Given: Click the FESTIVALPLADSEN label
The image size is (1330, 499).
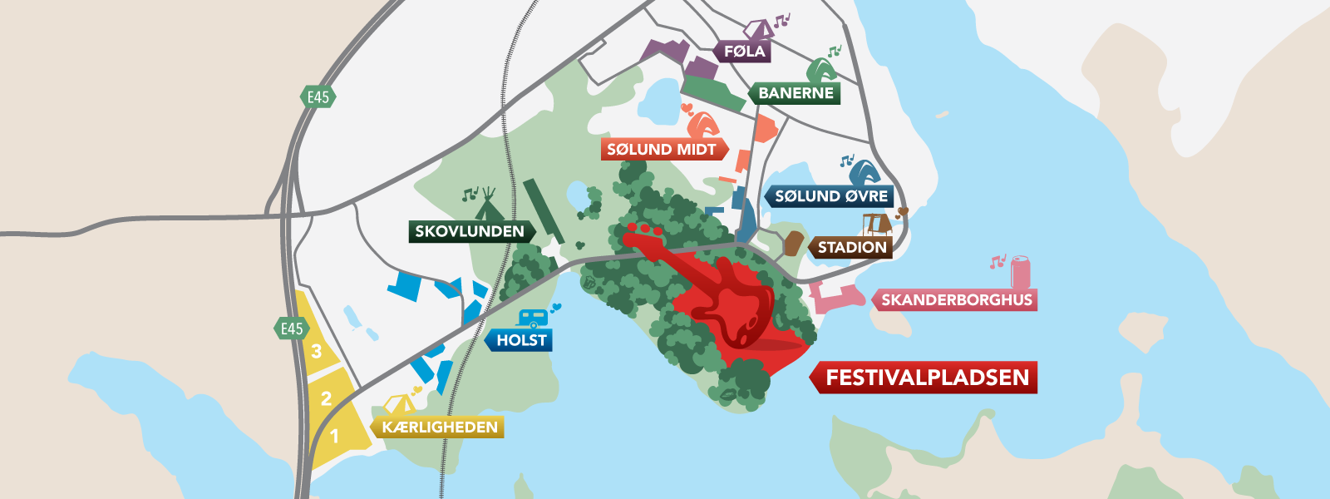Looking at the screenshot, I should pyautogui.click(x=926, y=378).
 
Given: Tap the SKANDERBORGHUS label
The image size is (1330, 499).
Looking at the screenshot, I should pyautogui.click(x=956, y=300).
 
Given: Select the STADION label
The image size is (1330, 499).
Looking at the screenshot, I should pyautogui.click(x=851, y=248).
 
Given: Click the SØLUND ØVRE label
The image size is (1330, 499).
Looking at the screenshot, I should pyautogui.click(x=830, y=197).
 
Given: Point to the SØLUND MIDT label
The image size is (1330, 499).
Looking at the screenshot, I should pyautogui.click(x=663, y=150).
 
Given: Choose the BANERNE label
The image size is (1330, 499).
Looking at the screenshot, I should pyautogui.click(x=796, y=93).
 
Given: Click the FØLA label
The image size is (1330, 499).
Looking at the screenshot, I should pyautogui.click(x=744, y=52).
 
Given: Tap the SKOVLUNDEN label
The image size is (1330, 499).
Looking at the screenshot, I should pyautogui.click(x=470, y=231).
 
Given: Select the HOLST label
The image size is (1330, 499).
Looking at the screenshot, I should pyautogui.click(x=521, y=340).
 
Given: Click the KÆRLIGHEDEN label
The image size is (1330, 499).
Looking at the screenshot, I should pyautogui.click(x=440, y=427).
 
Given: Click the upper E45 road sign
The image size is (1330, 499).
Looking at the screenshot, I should pyautogui.click(x=318, y=96).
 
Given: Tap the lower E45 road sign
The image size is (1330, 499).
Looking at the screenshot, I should pyautogui.click(x=291, y=329).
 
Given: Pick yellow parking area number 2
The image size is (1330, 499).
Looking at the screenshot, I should pyautogui.click(x=326, y=398).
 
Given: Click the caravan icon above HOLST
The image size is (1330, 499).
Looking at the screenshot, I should pyautogui.click(x=532, y=319).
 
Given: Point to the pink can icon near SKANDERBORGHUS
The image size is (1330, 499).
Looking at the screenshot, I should pyautogui.click(x=1020, y=272).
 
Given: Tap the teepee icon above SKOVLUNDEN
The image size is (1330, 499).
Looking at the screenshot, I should pyautogui.click(x=489, y=200).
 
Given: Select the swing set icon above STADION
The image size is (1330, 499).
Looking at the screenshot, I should pyautogui.click(x=876, y=224).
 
